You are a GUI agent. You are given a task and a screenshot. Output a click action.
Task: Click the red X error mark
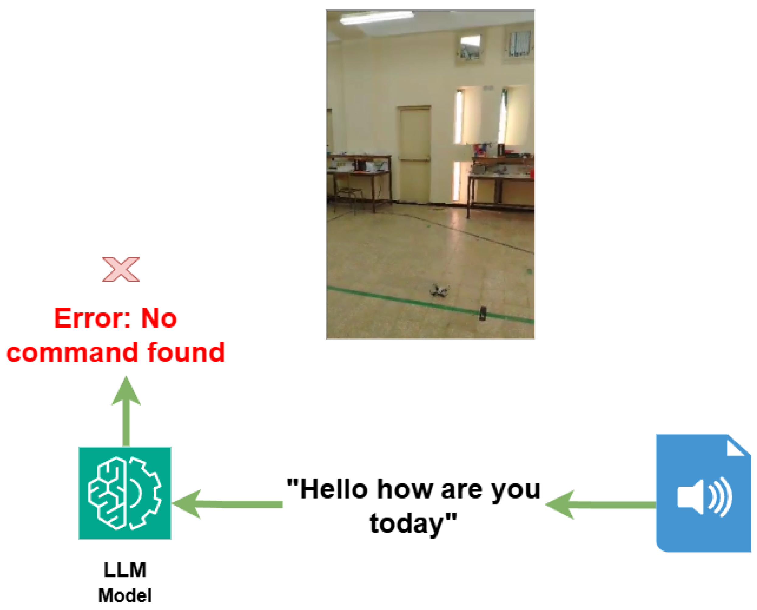tap(120, 270)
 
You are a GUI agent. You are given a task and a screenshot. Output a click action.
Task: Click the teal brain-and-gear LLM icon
tap(125, 493)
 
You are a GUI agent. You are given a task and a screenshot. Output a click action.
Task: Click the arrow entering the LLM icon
tap(227, 504)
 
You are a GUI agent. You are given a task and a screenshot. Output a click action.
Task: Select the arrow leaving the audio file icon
tap(600, 505)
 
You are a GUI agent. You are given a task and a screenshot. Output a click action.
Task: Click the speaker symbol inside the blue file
tap(705, 497)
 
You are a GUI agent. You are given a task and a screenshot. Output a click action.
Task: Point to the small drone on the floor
tap(439, 291)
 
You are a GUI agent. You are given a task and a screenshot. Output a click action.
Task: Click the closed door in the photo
tap(415, 155)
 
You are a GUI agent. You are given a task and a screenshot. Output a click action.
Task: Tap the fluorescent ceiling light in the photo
tap(377, 17)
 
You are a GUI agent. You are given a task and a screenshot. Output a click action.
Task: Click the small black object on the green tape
tap(483, 313)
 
